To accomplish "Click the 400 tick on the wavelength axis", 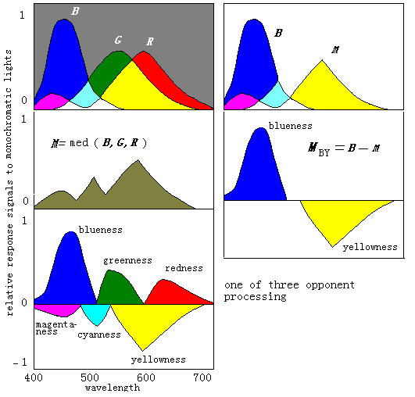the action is click(x=34, y=377).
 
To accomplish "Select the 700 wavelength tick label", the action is click(x=202, y=377).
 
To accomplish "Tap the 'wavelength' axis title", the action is click(x=113, y=388).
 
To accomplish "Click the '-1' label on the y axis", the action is click(x=20, y=362).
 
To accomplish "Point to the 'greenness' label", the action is click(x=127, y=261).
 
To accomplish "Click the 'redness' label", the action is click(x=184, y=268).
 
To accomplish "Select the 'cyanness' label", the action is click(x=99, y=334).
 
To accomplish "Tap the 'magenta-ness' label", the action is click(x=56, y=327).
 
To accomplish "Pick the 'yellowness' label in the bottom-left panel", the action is click(x=159, y=359).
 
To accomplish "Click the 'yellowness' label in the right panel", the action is click(x=370, y=247).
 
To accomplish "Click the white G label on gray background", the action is click(x=118, y=40).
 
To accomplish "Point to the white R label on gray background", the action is click(x=150, y=41).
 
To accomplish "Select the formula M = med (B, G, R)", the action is click(x=98, y=143).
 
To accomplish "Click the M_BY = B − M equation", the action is click(x=344, y=148).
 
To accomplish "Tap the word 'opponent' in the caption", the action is click(x=330, y=285).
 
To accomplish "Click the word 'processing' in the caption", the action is click(x=255, y=297).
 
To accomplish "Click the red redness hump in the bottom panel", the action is click(x=172, y=292).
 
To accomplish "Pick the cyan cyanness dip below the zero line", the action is click(x=96, y=313).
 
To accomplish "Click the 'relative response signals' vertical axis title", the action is click(x=10, y=183).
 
